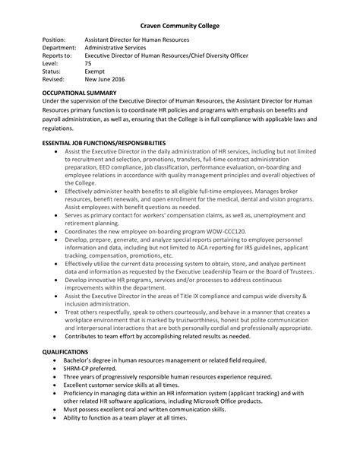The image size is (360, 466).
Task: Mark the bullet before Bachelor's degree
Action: (57, 360)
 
